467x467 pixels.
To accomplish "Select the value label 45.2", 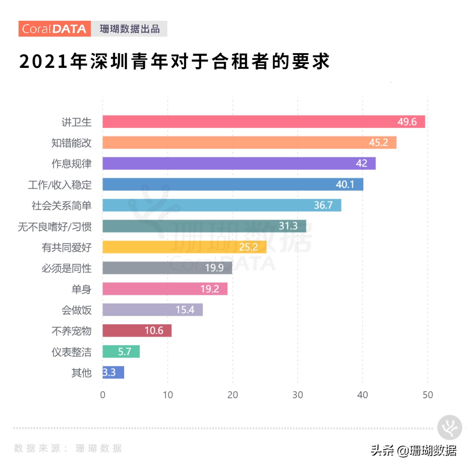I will pos(378,143).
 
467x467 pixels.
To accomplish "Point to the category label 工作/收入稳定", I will pos(60,185).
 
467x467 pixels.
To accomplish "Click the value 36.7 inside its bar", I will pos(323,205).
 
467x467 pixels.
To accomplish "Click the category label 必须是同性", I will pos(67,269).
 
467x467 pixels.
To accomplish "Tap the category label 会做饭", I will pos(77,310).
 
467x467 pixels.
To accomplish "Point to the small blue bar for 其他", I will pos(113,372).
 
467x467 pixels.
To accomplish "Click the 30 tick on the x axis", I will pos(297,395).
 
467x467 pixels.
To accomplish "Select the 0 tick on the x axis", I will pos(102,395).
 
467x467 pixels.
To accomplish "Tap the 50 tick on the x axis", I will pos(427,395).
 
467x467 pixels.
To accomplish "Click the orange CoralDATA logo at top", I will pos(54,29).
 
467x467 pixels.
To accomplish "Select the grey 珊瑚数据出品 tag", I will pos(129,29).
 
